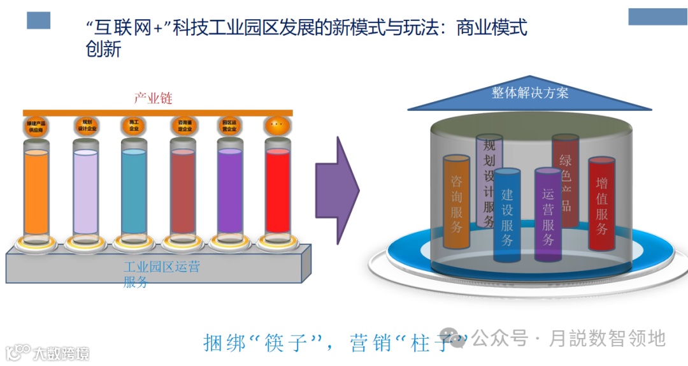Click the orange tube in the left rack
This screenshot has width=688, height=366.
pyautogui.click(x=36, y=191)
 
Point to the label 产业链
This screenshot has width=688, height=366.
pyautogui.click(x=153, y=98)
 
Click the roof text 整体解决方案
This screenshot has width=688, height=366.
pyautogui.click(x=530, y=92)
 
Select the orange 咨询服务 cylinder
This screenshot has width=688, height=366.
pyautogui.click(x=456, y=201)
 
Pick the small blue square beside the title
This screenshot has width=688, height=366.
pyautogui.click(x=38, y=20)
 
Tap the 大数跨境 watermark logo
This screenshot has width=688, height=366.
pyautogui.click(x=47, y=352)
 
